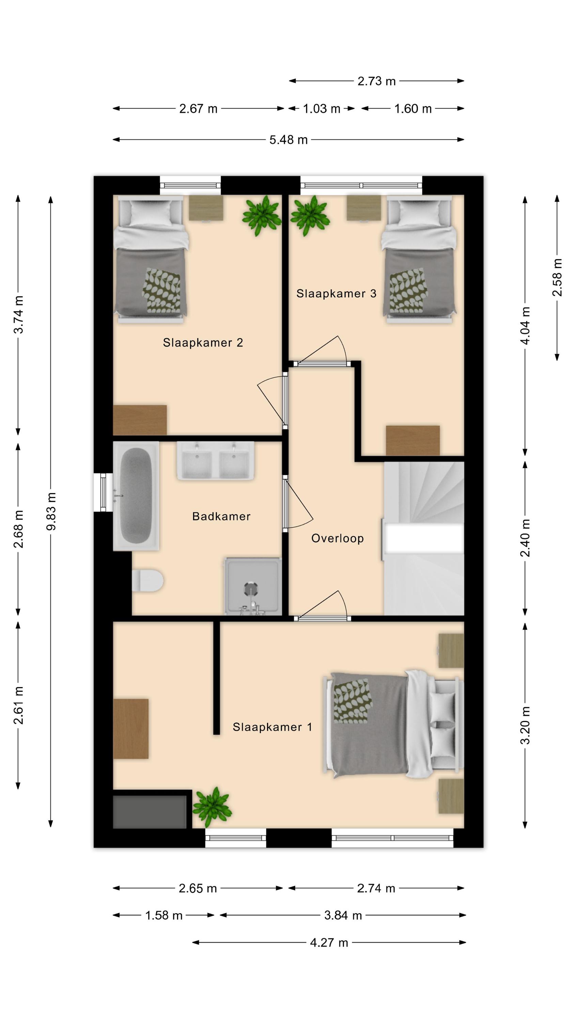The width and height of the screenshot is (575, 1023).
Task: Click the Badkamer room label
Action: pos(221,516)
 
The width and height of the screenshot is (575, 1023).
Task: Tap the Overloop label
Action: pos(337,538)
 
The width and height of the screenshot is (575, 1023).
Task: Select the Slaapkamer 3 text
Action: pos(336,294)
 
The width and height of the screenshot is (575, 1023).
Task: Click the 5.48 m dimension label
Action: pos(289,140)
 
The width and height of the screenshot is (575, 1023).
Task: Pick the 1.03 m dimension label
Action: pos(322,108)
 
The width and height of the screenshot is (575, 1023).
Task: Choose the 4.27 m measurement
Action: pos(329,943)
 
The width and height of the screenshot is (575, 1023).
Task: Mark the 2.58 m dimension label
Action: pos(557,277)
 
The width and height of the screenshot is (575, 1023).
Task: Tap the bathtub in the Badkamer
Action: pos(136,496)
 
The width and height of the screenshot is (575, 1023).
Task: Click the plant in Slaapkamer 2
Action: pos(262,216)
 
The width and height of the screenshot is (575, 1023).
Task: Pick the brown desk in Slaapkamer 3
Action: pos(413,441)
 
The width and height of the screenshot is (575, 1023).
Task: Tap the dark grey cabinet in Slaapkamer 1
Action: pos(150,812)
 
